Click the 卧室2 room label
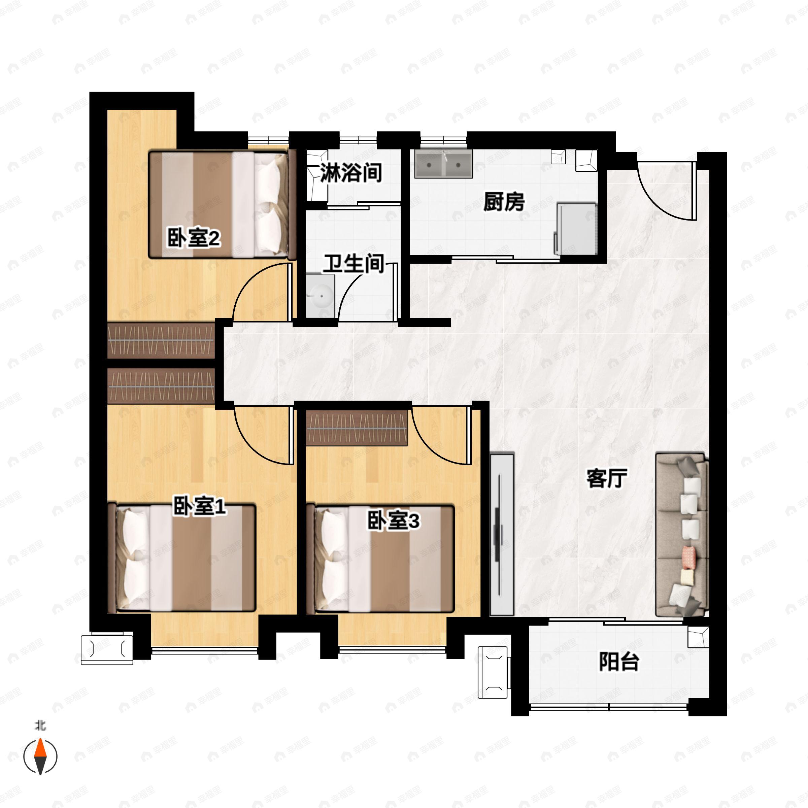[194, 238]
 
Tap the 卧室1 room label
[200, 506]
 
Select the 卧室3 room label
[393, 521]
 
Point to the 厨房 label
[504, 202]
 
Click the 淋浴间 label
[351, 172]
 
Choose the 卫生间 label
[354, 264]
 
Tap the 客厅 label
[607, 478]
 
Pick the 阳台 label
[619, 662]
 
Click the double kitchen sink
[443, 164]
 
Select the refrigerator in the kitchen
[575, 228]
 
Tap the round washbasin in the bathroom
[321, 296]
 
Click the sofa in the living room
[682, 535]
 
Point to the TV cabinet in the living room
[501, 535]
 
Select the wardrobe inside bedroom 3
[357, 428]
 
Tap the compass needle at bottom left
[40, 756]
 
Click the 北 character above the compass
[40, 725]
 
